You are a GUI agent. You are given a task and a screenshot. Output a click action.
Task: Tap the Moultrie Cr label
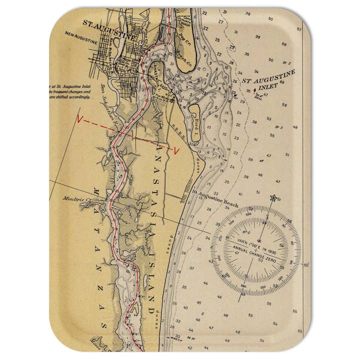[75, 198]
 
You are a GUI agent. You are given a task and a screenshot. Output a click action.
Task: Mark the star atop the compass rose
[273, 198]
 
